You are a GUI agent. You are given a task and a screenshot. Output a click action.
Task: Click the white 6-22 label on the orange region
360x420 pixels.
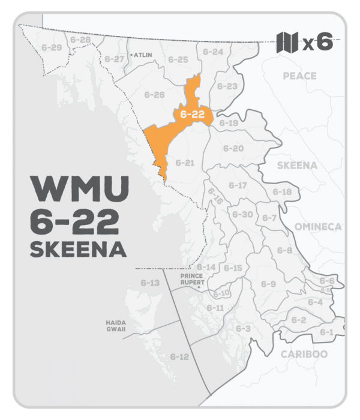(190, 113)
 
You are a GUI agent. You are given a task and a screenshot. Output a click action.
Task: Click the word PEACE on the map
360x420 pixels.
(299, 76)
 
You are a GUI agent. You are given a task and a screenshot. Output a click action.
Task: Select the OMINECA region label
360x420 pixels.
(317, 226)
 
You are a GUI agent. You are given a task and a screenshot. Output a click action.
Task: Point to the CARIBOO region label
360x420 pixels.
(304, 354)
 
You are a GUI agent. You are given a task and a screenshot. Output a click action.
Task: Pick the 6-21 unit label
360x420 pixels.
(185, 163)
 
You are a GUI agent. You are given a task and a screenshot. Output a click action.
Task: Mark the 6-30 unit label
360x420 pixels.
(242, 214)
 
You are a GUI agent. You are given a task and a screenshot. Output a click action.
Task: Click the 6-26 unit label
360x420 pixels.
(155, 95)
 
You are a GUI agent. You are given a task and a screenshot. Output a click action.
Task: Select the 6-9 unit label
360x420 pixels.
(268, 283)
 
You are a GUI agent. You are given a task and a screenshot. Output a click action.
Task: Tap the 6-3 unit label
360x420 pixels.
(243, 328)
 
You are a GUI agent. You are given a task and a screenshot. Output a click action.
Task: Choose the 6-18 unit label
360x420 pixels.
(282, 192)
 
